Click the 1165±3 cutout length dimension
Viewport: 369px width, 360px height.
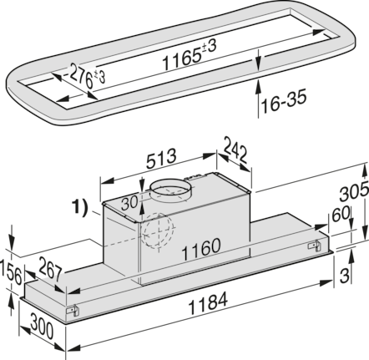[x=189, y=54]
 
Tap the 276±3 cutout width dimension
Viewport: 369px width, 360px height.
[x=86, y=75]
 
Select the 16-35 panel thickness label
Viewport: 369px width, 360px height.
[x=284, y=101]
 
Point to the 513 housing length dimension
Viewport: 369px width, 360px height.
[x=161, y=159]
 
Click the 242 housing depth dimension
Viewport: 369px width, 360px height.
[x=235, y=150]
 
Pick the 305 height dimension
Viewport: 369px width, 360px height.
[x=354, y=191]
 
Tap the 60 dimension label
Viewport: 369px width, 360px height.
[x=341, y=214]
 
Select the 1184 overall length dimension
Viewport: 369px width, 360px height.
[x=208, y=302]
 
